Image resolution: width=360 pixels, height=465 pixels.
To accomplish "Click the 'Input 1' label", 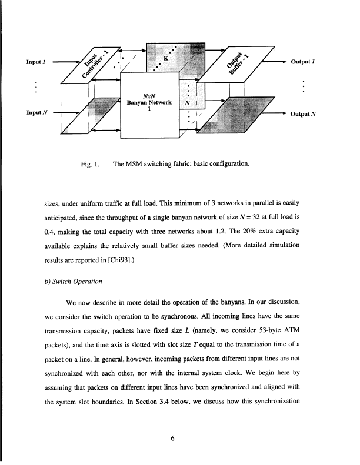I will [x=36, y=61].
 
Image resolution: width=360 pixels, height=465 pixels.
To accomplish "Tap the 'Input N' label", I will [x=36, y=113].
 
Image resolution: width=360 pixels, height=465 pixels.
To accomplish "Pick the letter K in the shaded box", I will [x=166, y=59].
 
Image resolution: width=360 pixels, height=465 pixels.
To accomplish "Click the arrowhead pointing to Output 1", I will [x=284, y=61].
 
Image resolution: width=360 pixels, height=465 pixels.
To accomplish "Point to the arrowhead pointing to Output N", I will [x=284, y=113].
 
